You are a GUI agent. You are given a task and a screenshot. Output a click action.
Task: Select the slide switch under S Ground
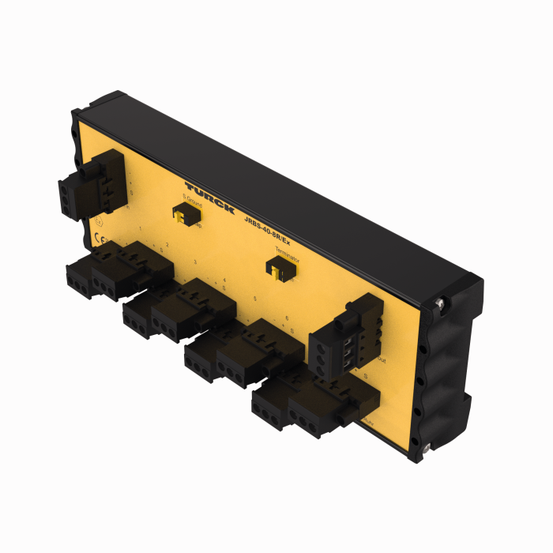(183, 214)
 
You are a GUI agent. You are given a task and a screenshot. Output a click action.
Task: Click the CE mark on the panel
(100, 240)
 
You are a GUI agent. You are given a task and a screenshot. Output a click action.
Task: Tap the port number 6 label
(285, 316)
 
